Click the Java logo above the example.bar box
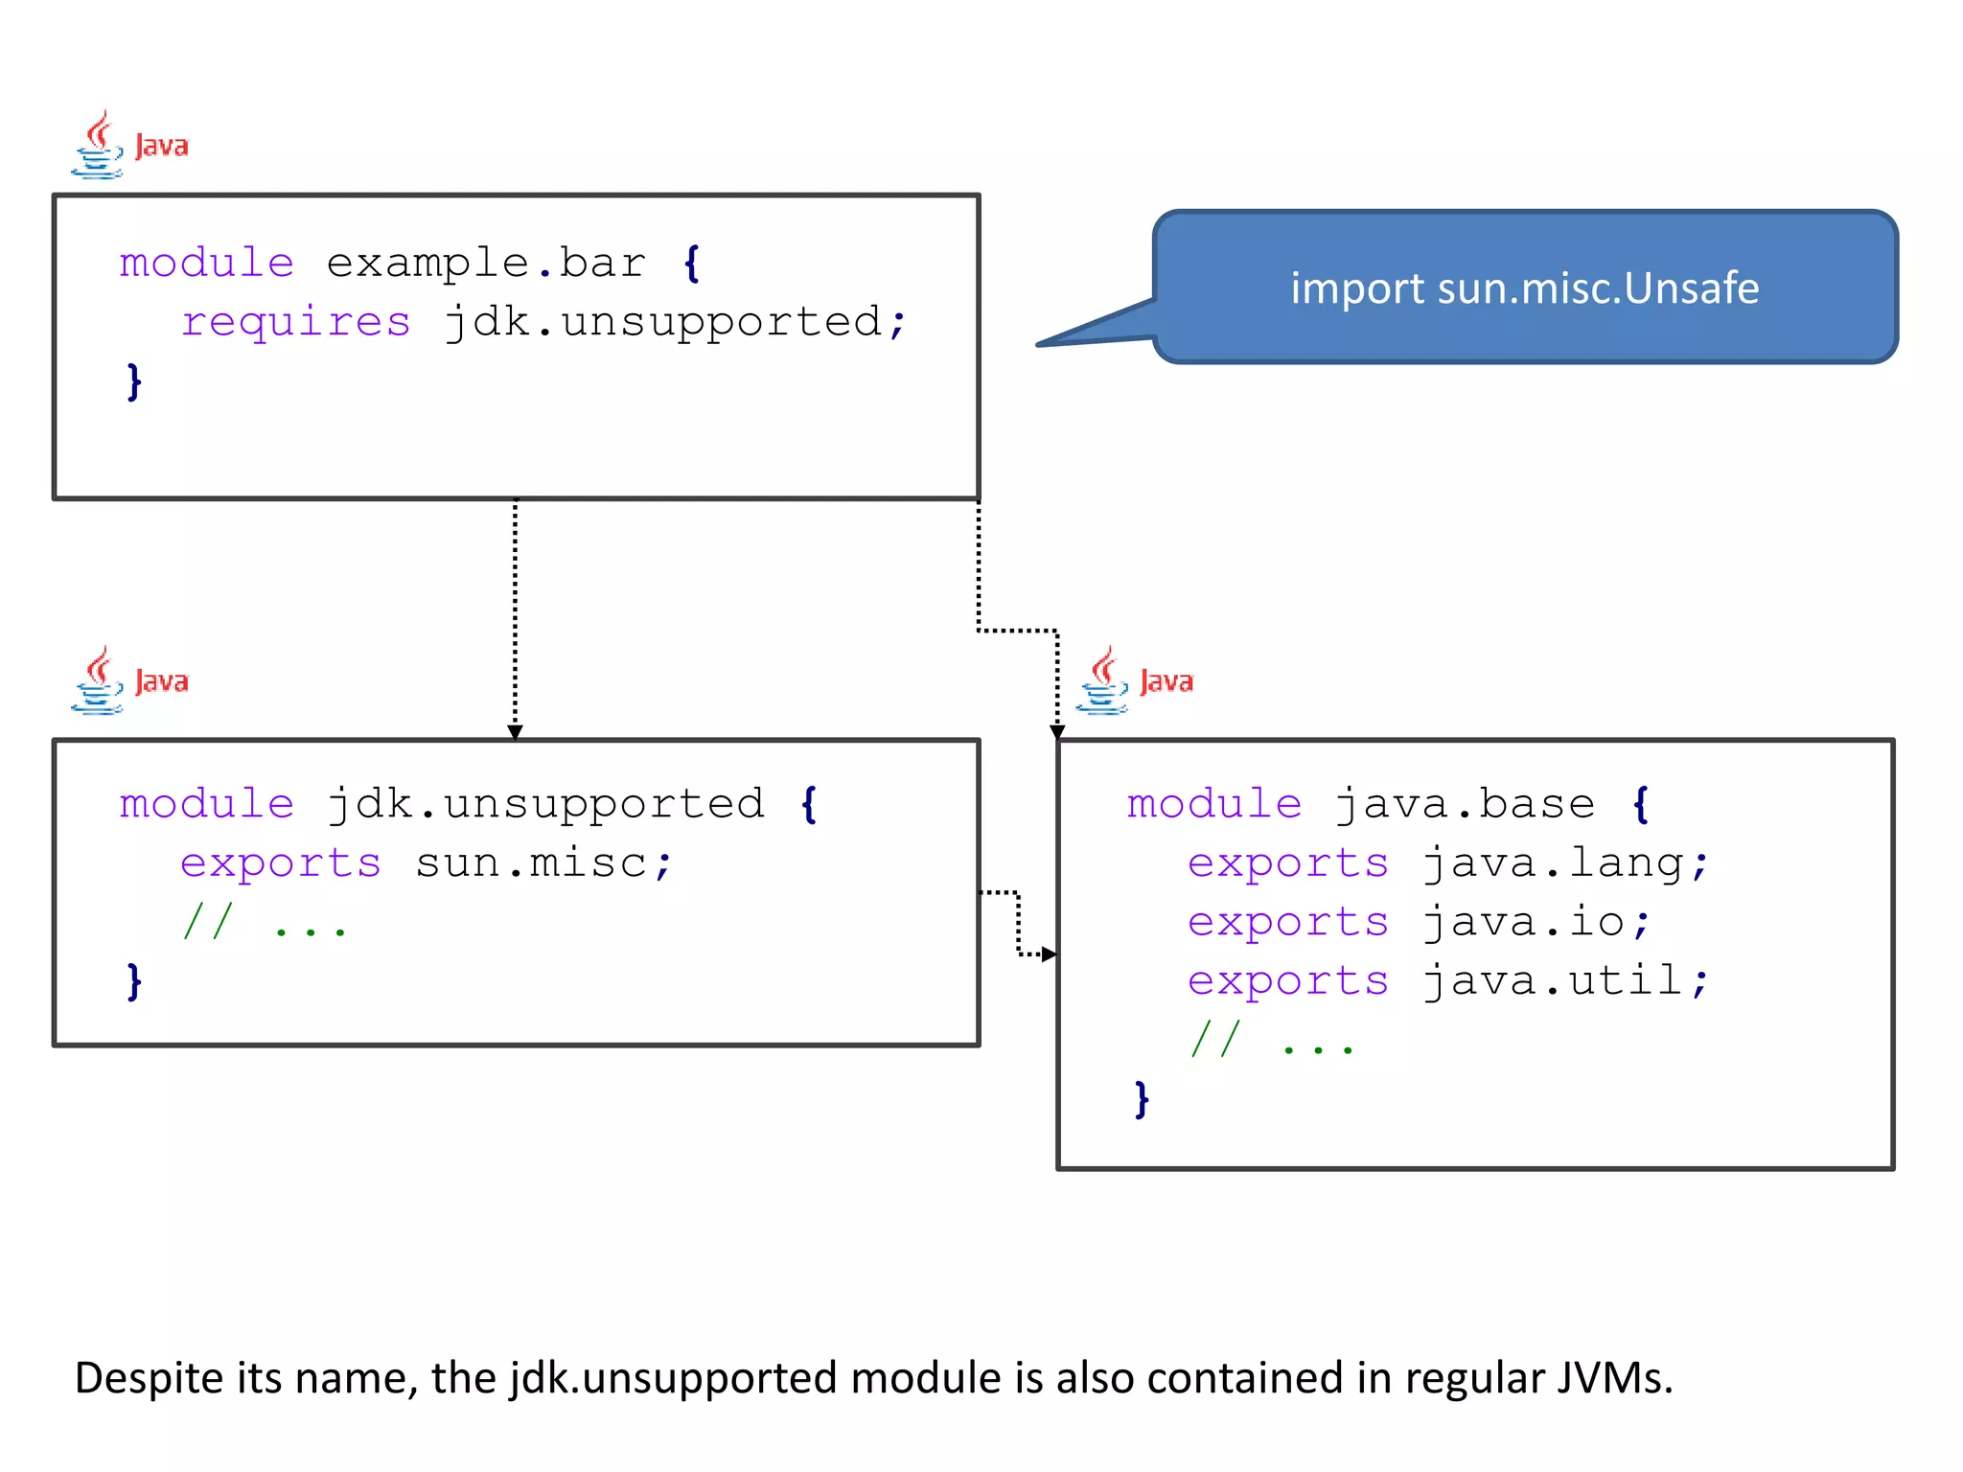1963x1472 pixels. [x=129, y=146]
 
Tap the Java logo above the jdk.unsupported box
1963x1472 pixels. [x=129, y=681]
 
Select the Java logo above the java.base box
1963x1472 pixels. [x=1135, y=681]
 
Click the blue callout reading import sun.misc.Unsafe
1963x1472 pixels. [x=1524, y=287]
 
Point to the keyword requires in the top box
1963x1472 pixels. [x=296, y=322]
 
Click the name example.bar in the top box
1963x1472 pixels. [x=486, y=264]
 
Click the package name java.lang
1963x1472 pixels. [x=1553, y=863]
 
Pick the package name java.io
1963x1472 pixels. [x=1524, y=922]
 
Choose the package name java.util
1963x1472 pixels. [x=1553, y=981]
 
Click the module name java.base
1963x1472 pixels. [x=1465, y=804]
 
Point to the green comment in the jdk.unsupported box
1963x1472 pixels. [x=265, y=923]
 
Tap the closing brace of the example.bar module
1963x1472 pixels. [x=134, y=381]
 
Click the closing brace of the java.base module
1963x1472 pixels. [x=1142, y=1099]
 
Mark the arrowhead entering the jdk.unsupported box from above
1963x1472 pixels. [x=515, y=732]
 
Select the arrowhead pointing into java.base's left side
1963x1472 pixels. [x=1049, y=954]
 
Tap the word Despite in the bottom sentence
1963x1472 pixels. [x=150, y=1378]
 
